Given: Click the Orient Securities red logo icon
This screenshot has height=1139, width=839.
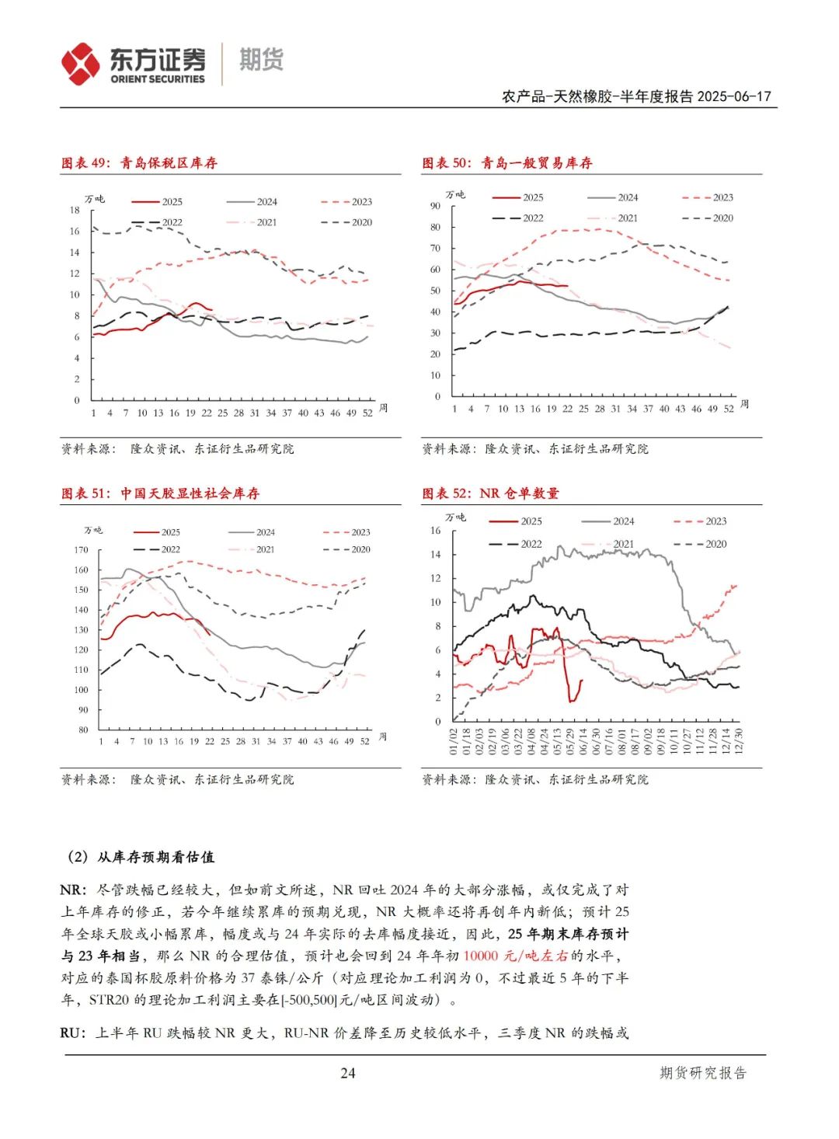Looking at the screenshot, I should (81, 64).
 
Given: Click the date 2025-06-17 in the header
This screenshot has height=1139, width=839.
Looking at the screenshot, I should (734, 96).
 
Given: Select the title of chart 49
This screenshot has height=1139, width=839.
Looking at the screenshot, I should (140, 163).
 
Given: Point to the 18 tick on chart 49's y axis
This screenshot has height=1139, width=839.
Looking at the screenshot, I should (75, 211).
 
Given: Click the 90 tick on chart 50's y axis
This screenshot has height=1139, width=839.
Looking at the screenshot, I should (435, 206).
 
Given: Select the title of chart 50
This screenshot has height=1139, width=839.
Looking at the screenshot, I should (507, 163).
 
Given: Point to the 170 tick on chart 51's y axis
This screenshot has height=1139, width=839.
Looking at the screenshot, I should (81, 550).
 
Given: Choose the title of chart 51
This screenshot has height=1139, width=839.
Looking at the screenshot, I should (161, 493).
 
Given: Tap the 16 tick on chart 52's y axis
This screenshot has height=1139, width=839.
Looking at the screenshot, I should (435, 531).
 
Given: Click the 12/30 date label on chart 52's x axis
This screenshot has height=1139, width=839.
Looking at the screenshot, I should (738, 740).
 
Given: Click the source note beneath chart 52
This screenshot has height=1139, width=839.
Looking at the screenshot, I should (535, 779).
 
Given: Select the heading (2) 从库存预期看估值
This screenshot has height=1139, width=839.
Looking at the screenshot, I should (141, 857).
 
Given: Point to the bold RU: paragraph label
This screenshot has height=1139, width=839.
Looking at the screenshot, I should (73, 1033).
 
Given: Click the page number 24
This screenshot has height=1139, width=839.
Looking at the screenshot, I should (347, 1073).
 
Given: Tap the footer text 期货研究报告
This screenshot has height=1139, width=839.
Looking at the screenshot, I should (703, 1073).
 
